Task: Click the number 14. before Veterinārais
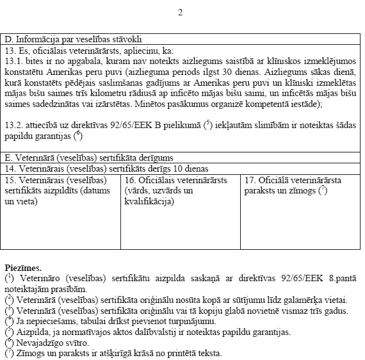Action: (x=10, y=168)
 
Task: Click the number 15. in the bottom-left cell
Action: (x=10, y=180)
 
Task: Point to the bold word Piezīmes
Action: (x=23, y=266)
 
